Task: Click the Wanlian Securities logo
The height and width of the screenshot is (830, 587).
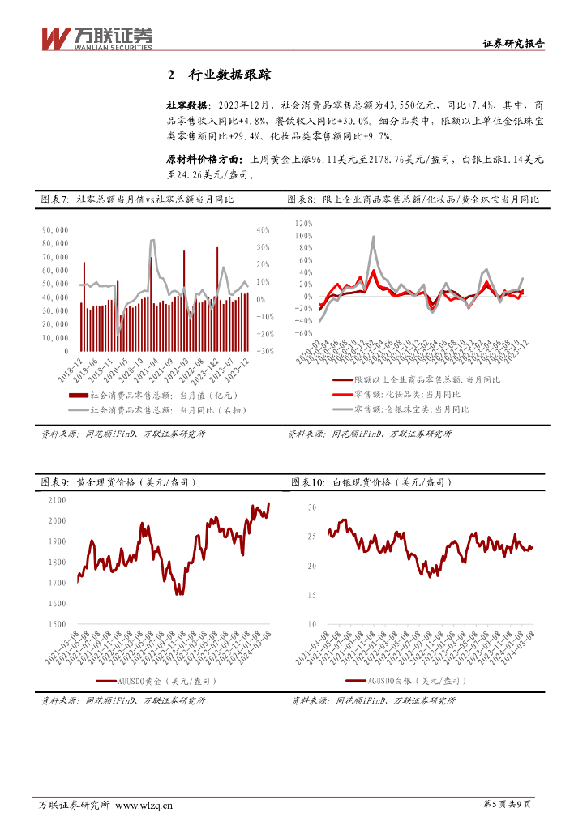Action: click(96, 37)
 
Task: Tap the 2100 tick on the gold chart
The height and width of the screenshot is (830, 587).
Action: click(57, 500)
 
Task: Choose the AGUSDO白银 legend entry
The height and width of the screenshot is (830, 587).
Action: click(403, 682)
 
